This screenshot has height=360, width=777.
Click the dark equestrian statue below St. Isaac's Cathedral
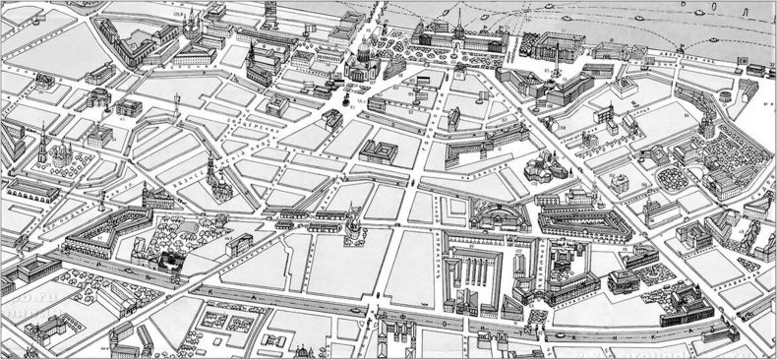click(345, 97)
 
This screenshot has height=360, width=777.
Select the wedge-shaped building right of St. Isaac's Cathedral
click(392, 66)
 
